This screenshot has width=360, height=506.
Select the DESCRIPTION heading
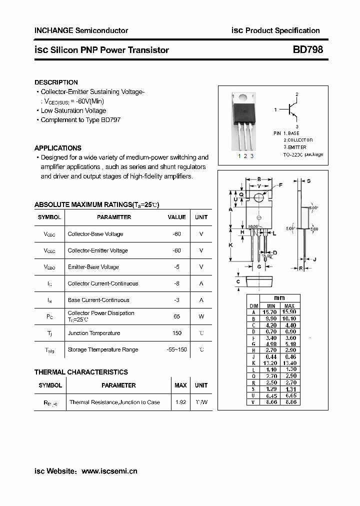(56, 82)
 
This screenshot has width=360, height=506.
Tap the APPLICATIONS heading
(57, 148)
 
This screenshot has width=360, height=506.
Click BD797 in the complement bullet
(110, 120)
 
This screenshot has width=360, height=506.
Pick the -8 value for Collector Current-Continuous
(176, 283)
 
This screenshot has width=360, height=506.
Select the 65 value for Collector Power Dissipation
(176, 316)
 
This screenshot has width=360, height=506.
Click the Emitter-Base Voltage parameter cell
(93, 267)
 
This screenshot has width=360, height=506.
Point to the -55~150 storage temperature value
(176, 349)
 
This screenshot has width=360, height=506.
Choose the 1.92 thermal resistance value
(180, 402)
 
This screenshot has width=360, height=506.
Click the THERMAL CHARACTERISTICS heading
(81, 372)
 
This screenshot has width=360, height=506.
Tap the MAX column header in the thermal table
(180, 385)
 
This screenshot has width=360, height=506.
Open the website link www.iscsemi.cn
(109, 471)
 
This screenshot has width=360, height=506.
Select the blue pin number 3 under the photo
(252, 156)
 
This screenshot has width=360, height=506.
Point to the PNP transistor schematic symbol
(291, 110)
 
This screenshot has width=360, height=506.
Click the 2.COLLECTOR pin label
(298, 140)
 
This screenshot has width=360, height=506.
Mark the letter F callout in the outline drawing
(280, 185)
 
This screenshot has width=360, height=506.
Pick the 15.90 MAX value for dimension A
(289, 312)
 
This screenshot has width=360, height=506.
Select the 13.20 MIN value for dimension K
(270, 363)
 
